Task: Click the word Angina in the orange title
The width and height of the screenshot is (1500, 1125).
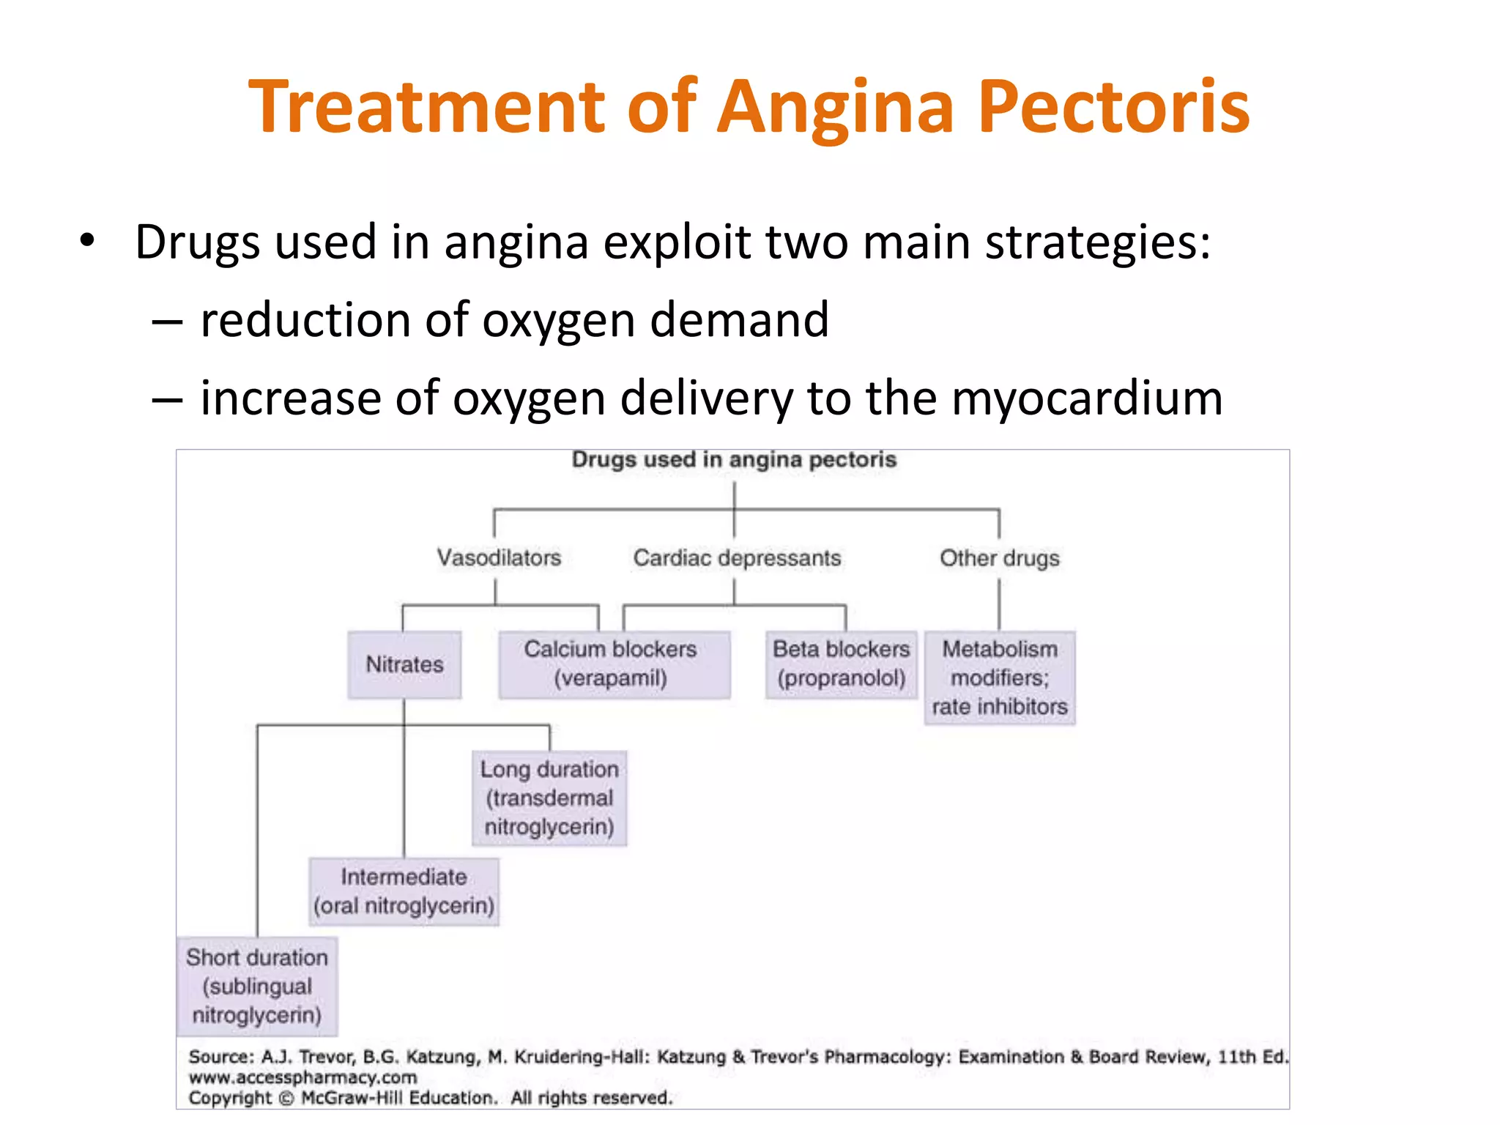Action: click(x=836, y=108)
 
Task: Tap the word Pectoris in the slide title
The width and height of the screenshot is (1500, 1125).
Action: click(x=1113, y=108)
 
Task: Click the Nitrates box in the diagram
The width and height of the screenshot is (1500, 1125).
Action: click(x=404, y=664)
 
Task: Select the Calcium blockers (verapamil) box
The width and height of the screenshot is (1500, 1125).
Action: click(x=614, y=664)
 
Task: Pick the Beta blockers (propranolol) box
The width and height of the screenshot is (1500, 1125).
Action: click(x=841, y=664)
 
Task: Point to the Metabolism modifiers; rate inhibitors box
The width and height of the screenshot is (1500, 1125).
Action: click(x=999, y=677)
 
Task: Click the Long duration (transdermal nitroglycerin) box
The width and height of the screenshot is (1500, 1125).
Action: click(x=549, y=798)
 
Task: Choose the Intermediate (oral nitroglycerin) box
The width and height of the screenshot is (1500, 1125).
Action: click(x=404, y=891)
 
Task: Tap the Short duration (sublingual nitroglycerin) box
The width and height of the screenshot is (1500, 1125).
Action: click(x=257, y=986)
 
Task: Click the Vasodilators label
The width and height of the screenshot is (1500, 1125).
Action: click(x=499, y=558)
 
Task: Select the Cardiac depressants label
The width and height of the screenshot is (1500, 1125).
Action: click(x=737, y=558)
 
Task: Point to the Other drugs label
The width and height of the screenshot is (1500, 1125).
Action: click(x=999, y=558)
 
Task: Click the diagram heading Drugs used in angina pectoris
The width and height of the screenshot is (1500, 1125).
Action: click(x=734, y=460)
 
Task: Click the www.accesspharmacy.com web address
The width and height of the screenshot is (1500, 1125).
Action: click(x=302, y=1077)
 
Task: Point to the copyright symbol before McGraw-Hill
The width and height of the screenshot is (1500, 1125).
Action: click(x=286, y=1099)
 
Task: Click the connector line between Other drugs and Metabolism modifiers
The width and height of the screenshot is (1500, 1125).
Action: click(x=999, y=604)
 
